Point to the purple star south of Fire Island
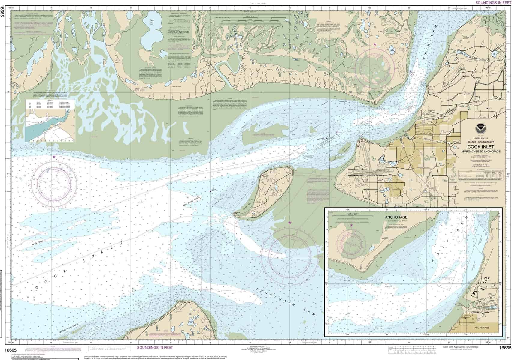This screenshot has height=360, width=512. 290,222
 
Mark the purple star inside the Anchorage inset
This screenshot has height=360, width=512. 351,225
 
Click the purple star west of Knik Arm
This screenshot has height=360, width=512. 375,44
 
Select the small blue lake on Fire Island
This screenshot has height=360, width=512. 275,188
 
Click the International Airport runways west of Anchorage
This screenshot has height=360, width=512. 372,173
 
